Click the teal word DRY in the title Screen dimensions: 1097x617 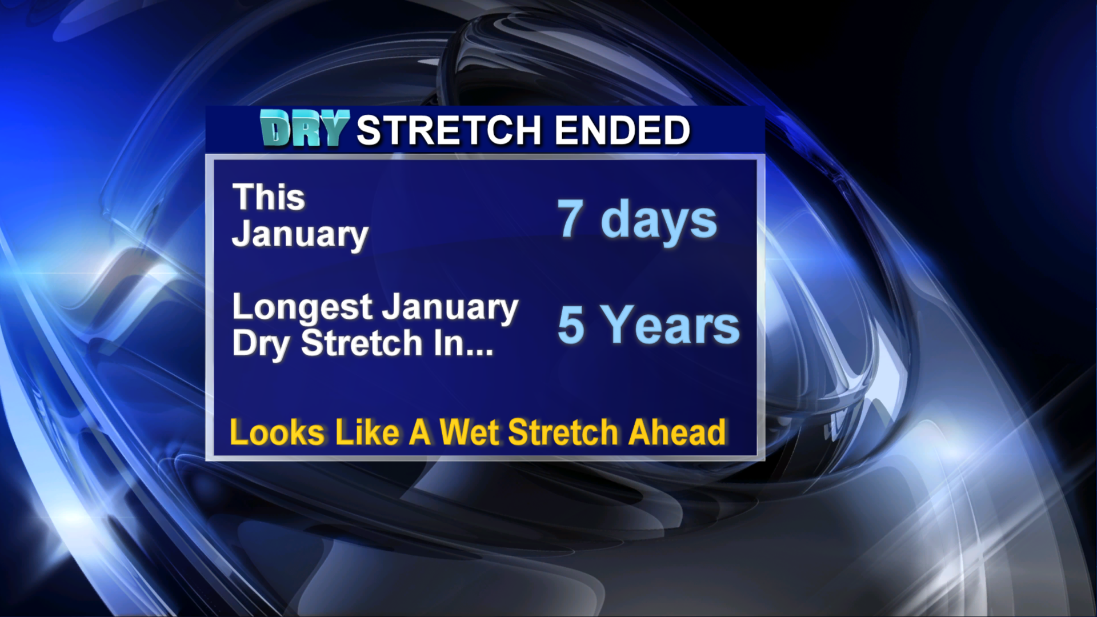coord(305,128)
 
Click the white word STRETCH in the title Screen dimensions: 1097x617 coord(449,130)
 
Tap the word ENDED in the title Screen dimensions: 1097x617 coord(623,130)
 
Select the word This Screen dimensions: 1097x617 coord(269,197)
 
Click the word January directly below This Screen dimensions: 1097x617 coord(300,235)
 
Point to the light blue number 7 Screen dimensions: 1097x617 coord(571,218)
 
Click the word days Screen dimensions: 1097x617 coord(659,221)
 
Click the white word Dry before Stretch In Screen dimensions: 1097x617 coord(261,344)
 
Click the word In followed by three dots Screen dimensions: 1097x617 coord(463,343)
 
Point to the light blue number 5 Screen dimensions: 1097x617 coord(571,324)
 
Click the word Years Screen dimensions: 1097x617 coord(672,324)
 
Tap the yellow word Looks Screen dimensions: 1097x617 coord(277,432)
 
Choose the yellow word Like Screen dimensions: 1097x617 coord(367,432)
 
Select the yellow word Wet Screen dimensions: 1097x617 coord(469,432)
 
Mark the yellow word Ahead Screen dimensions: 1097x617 coord(677,432)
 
